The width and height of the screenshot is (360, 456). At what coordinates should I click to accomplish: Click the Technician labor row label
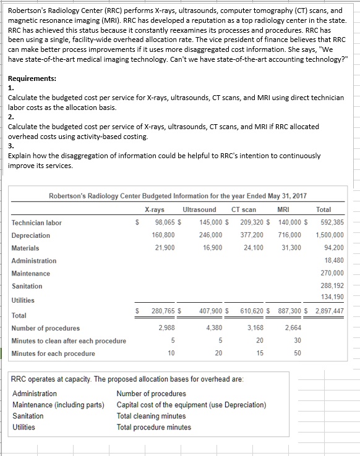pos(36,222)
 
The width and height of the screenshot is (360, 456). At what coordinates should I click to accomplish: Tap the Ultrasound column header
pos(200,210)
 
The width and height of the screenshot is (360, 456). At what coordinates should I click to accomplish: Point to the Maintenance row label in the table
pos(31,273)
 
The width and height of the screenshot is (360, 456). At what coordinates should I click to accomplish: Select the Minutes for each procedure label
pos(53,353)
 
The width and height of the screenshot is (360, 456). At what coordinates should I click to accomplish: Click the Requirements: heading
pos(32,79)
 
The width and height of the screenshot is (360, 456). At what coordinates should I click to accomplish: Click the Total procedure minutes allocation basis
pos(154,427)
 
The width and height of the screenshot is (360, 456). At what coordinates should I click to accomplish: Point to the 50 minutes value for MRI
pos(298,353)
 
